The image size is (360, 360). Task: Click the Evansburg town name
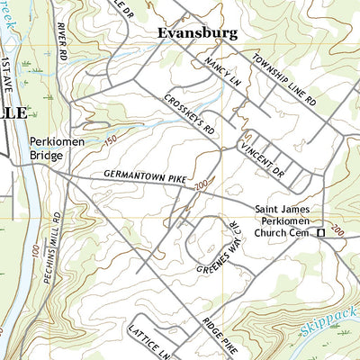[x=197, y=33]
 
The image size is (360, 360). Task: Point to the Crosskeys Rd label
[x=189, y=117]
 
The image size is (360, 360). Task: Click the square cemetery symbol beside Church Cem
[x=319, y=233]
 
